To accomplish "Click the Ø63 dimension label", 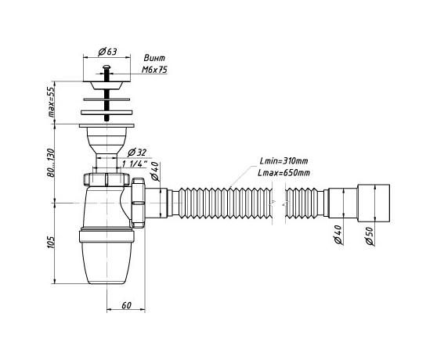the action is click(107, 52).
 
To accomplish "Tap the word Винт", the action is click(154, 58).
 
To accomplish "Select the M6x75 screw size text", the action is click(155, 70).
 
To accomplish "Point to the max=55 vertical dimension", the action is click(51, 103).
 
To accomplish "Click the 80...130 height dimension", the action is click(51, 163).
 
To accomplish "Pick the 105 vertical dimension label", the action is click(51, 243).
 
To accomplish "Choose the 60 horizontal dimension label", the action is click(126, 305).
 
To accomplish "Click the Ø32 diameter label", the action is click(137, 153).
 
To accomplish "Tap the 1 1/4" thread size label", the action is click(135, 164).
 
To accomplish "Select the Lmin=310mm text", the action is click(284, 161).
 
